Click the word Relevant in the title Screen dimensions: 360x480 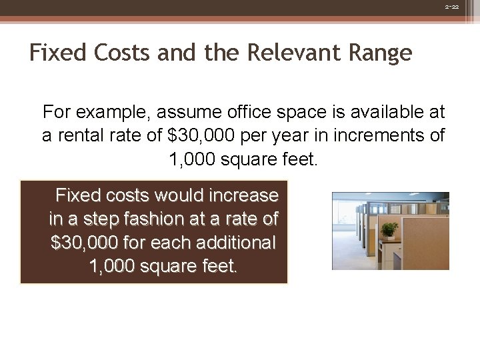pyautogui.click(x=301, y=53)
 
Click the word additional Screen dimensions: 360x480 pyautogui.click(x=228, y=243)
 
